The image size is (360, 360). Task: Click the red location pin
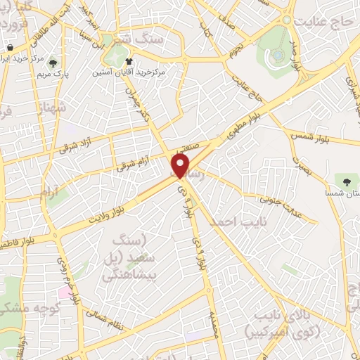click(x=181, y=167)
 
